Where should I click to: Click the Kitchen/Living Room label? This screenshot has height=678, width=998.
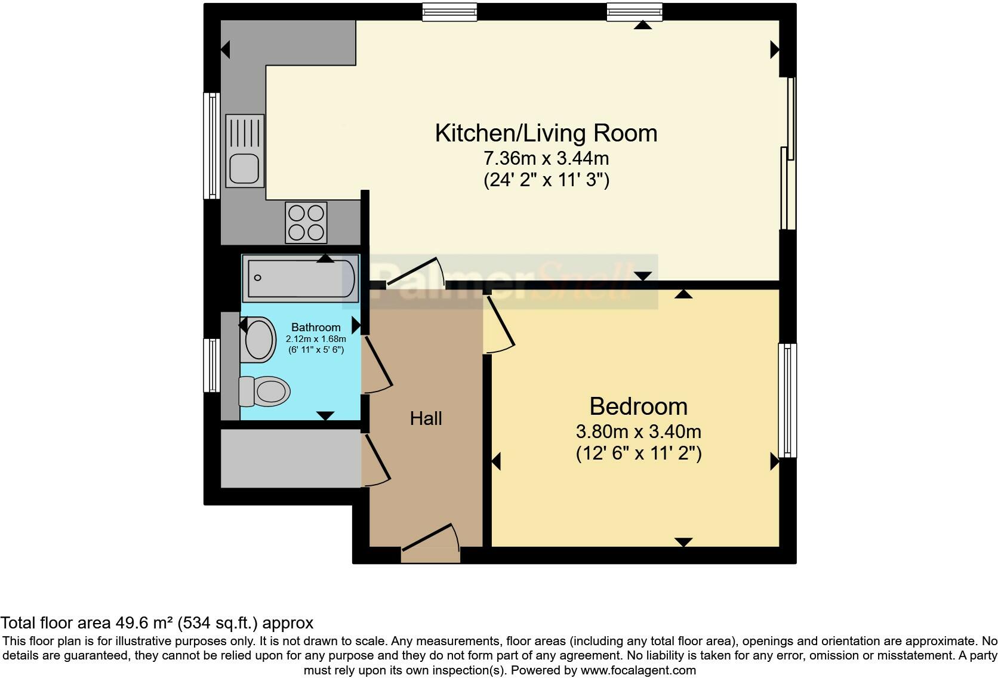point(546,133)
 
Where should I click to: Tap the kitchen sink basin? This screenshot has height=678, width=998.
point(244,168)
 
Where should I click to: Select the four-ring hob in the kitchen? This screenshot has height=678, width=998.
point(306,223)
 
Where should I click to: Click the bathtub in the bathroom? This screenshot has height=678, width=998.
point(300,278)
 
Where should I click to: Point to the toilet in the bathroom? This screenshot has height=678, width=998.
point(264,392)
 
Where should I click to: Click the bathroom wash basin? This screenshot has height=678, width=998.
point(258,340)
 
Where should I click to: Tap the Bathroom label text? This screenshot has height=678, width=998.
point(316,328)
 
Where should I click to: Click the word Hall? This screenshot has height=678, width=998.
point(426,419)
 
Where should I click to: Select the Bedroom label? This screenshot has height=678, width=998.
point(639,406)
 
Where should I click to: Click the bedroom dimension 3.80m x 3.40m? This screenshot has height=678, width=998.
point(639,432)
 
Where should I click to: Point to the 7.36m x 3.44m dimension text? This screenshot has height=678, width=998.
point(546,158)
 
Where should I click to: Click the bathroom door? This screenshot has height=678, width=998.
point(378,365)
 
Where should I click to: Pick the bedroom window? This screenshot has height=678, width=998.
point(787,400)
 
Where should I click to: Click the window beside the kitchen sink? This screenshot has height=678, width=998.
point(212,146)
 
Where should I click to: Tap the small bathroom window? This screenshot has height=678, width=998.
point(212,365)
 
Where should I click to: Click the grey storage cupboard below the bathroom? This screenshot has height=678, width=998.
point(291,458)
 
